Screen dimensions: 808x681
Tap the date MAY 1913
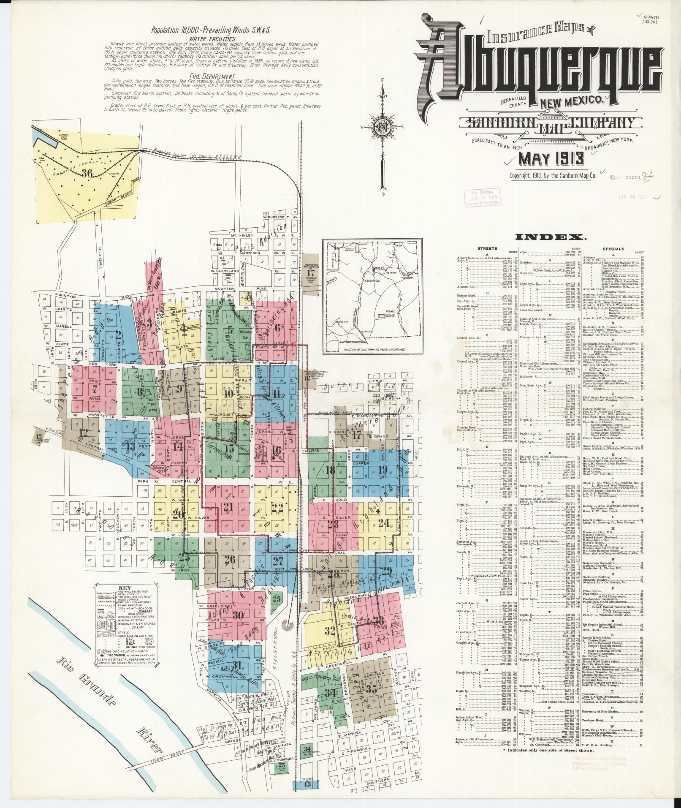tap(551, 159)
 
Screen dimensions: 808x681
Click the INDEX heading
tap(551, 237)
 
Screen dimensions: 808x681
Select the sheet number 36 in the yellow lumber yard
tap(88, 174)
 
